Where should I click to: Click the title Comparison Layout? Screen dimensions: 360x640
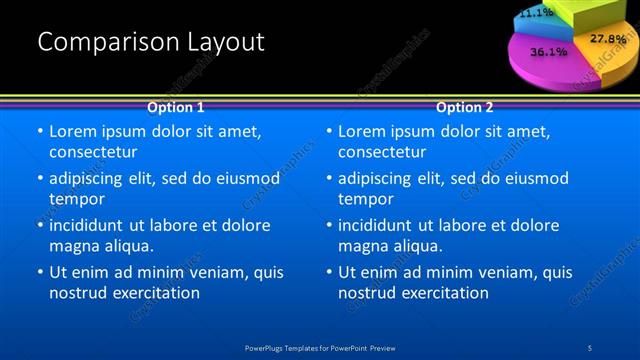tap(151, 42)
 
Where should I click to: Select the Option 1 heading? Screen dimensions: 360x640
tap(176, 107)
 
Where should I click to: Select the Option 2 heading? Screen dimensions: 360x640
tap(465, 107)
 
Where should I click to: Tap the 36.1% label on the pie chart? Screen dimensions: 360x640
tap(549, 50)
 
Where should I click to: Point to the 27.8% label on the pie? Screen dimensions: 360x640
tap(607, 39)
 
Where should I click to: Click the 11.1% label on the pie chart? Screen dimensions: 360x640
tap(536, 13)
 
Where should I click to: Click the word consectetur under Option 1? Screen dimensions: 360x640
tap(93, 152)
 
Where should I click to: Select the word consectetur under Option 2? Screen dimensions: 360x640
tap(382, 152)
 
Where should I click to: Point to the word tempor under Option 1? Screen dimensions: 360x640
tap(76, 199)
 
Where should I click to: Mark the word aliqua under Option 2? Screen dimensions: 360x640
tap(411, 246)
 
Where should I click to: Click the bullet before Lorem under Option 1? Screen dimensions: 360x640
tap(40, 132)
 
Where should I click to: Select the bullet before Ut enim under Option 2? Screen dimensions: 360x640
tap(329, 273)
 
